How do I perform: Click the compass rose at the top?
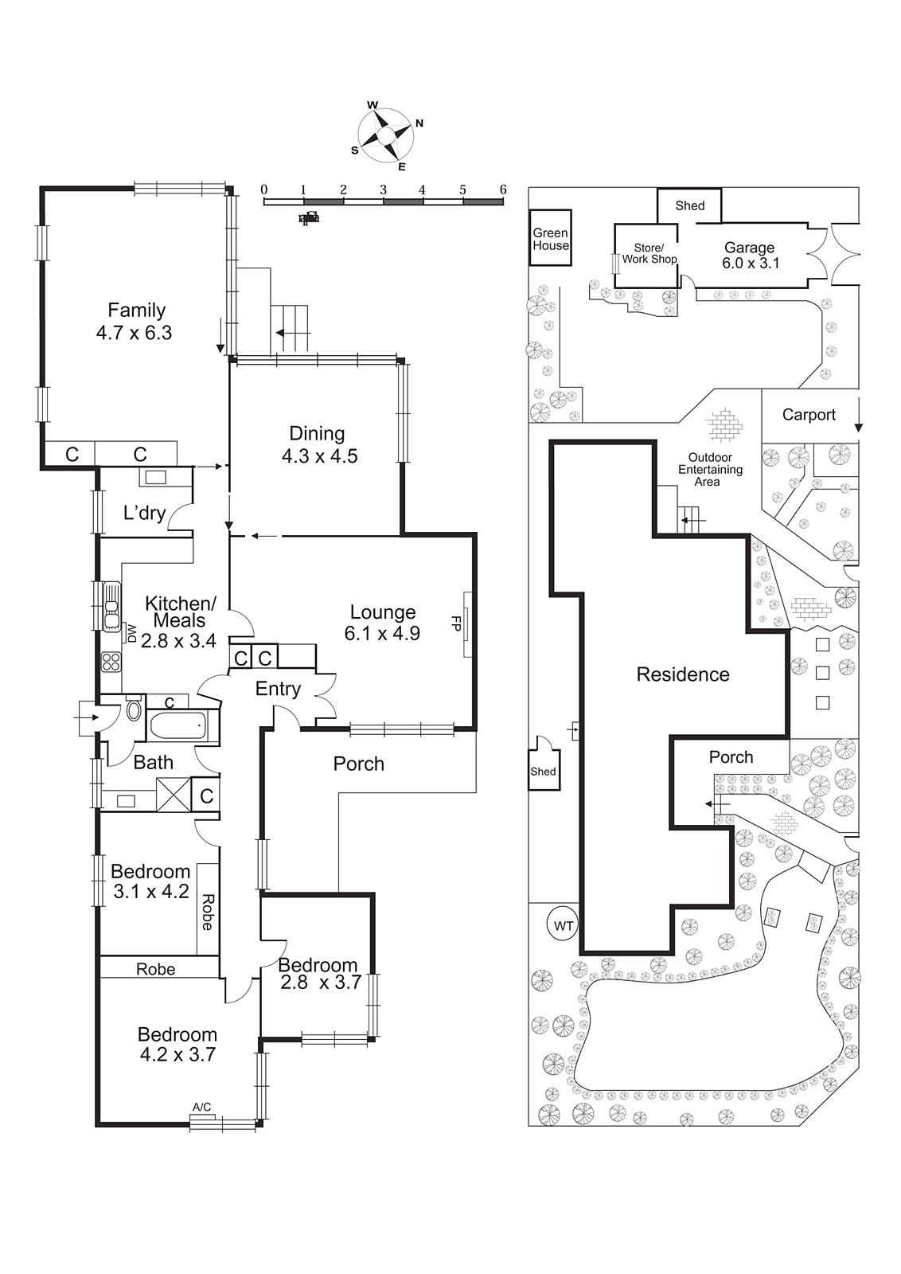point(386,137)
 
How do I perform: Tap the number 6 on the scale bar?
point(502,190)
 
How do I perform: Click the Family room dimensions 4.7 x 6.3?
point(134,333)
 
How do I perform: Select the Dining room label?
point(317,433)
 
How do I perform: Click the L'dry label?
point(144,513)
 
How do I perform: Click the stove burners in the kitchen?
point(111,662)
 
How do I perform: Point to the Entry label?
point(278,689)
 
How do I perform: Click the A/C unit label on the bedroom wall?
point(202,1108)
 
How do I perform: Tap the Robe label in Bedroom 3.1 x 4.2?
point(208,912)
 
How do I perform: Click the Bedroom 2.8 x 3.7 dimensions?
point(321,983)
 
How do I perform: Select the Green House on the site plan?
point(551,239)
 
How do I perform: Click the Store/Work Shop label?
point(649,253)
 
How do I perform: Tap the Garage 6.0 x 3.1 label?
point(750,255)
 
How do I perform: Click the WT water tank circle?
point(564,926)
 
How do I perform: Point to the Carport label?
point(809,414)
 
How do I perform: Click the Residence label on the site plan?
point(683,674)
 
